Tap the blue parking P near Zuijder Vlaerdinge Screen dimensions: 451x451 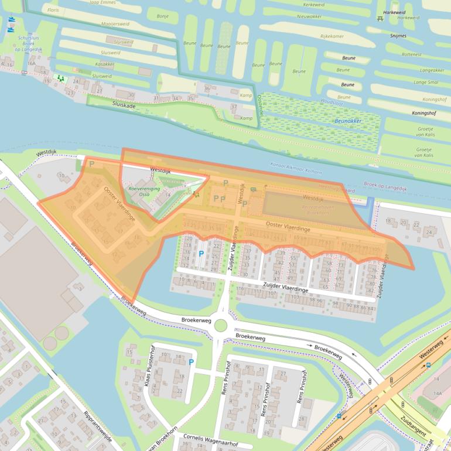pos(201,254)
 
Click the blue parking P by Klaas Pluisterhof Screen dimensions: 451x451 pos(190,363)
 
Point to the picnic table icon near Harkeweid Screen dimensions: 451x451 pos(380,18)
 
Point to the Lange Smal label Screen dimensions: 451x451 pos(429,82)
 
